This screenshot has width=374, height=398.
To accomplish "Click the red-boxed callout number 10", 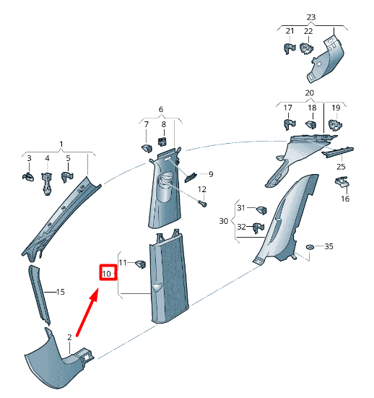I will click(x=108, y=274).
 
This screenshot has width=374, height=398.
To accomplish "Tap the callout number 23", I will click(x=311, y=16).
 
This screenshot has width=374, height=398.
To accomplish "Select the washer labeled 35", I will click(x=310, y=247).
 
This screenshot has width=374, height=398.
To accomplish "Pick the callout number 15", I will click(x=61, y=292).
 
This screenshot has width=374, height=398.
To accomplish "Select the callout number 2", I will click(x=69, y=337).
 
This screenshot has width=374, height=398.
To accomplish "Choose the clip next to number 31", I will click(x=263, y=210).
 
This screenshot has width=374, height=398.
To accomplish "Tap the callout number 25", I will click(x=341, y=168).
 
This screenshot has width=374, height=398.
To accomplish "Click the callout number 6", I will click(x=161, y=109).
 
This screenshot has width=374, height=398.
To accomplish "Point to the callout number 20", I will click(x=310, y=94).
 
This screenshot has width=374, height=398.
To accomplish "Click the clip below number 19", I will click(x=334, y=126).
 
